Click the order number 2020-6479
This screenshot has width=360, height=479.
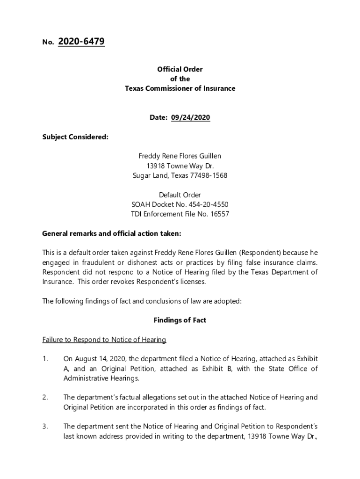(x=81, y=42)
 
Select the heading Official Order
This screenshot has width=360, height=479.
(x=180, y=69)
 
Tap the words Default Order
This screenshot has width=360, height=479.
(x=180, y=195)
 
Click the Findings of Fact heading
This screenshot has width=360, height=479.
(x=180, y=320)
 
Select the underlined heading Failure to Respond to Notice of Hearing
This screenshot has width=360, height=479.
(x=104, y=340)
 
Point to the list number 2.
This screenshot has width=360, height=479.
(x=45, y=398)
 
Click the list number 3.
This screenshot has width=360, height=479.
(x=45, y=427)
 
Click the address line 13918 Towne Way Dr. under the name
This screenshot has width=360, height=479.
(x=180, y=166)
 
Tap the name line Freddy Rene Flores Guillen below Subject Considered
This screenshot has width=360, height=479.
(x=180, y=156)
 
